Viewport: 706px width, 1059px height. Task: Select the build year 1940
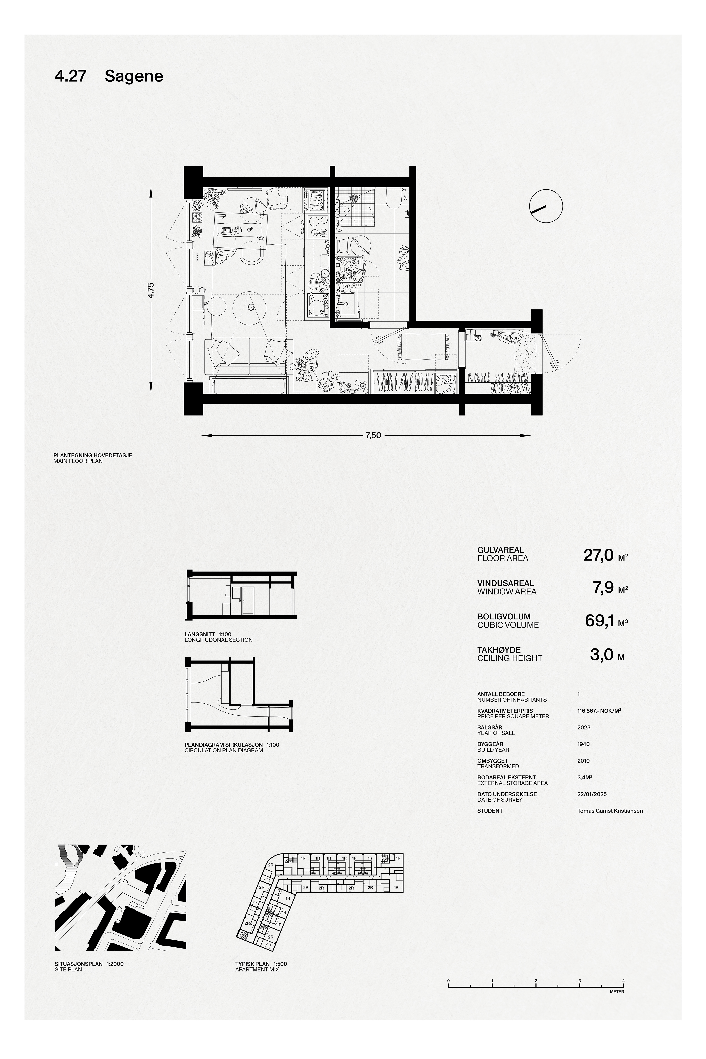coord(584,744)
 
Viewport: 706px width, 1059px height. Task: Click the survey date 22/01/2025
coord(592,794)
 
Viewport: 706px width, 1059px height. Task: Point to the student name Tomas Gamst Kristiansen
coord(610,811)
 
